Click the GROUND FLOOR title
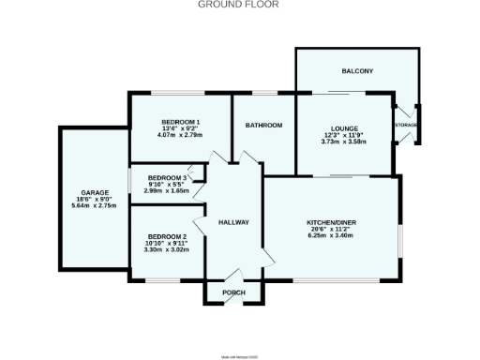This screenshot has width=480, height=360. coord(239,5)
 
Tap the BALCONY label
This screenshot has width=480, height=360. coord(357,71)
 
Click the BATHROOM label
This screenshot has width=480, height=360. coord(264,125)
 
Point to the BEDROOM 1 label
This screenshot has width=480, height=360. coord(180,123)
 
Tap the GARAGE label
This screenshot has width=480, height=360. coord(94,191)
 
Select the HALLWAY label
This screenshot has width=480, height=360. coord(232,222)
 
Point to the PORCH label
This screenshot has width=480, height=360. coord(233,293)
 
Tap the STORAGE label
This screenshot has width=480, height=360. coord(406,125)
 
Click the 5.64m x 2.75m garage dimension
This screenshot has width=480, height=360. coord(94,205)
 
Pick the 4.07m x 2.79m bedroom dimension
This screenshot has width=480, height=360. coord(180,137)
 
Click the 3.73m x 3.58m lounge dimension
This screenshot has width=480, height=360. coord(343,142)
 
